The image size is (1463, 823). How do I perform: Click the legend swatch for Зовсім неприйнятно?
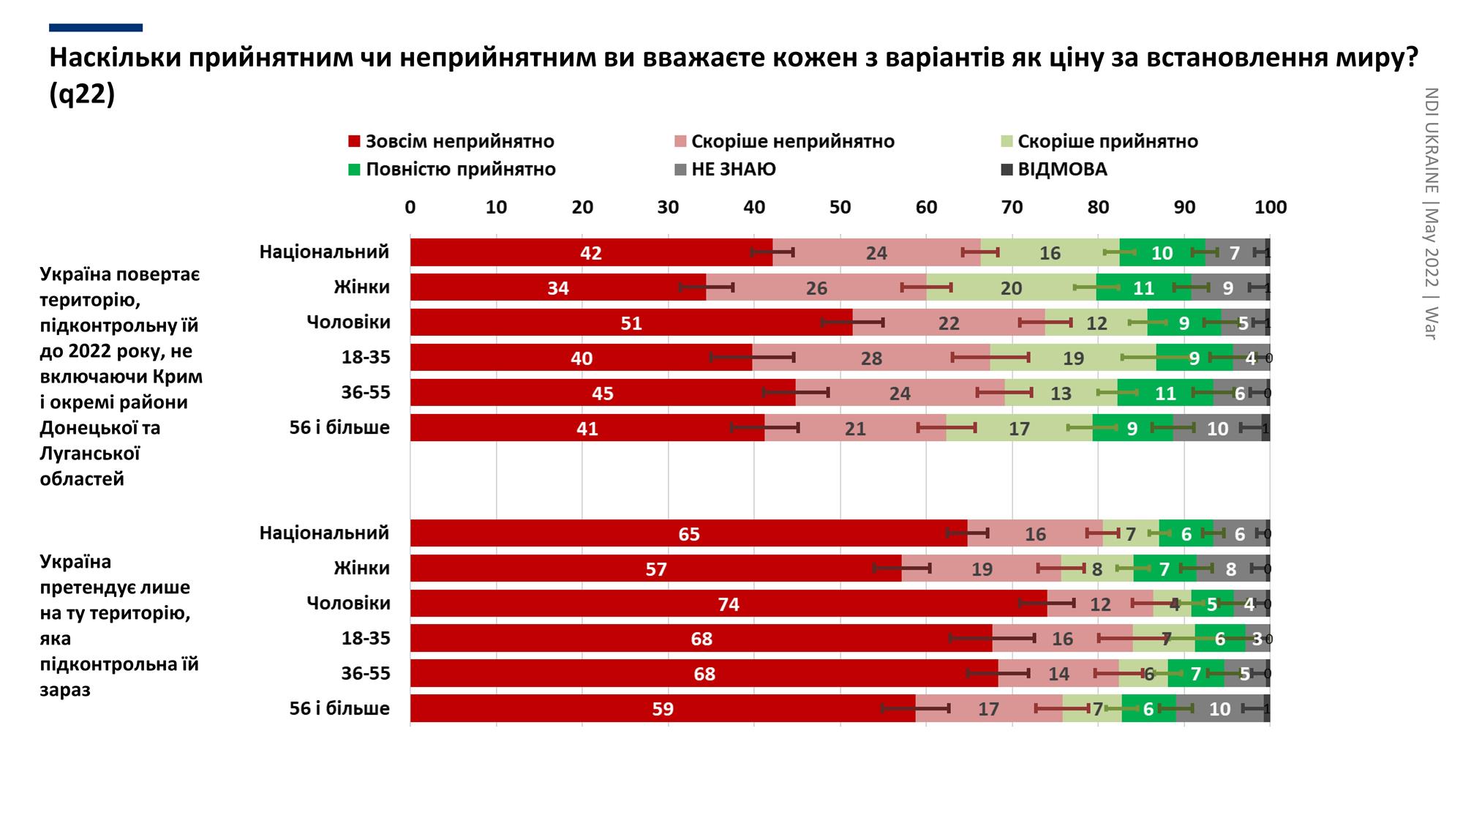tap(354, 141)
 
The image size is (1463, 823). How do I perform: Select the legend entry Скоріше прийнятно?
tap(1107, 141)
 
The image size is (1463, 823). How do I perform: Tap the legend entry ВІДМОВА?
tap(1062, 169)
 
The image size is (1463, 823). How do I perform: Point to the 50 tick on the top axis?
tap(840, 207)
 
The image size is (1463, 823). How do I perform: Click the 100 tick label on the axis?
tap(1270, 207)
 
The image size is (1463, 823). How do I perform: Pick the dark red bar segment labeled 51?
tap(631, 323)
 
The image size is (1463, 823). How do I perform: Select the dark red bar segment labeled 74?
tap(728, 604)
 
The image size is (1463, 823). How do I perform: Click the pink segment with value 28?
tap(870, 358)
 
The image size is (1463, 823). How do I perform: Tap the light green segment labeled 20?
tap(1011, 288)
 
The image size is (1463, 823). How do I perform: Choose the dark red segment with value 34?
tap(557, 288)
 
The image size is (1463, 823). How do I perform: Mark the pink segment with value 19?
tap(981, 568)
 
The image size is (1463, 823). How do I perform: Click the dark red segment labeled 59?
tap(662, 709)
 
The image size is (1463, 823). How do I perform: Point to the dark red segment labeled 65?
tap(688, 533)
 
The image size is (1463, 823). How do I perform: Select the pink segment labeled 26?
tap(816, 288)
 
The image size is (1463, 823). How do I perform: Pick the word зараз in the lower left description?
tap(65, 690)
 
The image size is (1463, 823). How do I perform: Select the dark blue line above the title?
tap(96, 28)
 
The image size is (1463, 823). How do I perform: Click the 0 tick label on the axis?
tap(410, 207)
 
